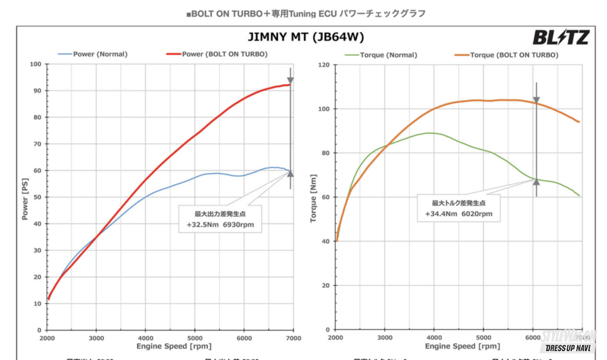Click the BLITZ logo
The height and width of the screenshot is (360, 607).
coord(560,38)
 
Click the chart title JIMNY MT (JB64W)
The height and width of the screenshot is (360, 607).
coord(305,37)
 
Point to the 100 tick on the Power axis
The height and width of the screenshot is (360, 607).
coord(36,64)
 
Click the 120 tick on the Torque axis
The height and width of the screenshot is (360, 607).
coord(323,65)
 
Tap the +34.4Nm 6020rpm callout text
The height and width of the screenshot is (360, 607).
coord(458,214)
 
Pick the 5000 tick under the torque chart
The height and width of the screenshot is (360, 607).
coord(483,337)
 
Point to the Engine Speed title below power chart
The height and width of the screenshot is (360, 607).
coord(170,346)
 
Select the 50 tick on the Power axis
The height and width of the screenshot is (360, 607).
coord(37,197)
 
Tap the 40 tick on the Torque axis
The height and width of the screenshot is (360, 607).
coord(325,241)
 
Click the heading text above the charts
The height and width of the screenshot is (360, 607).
coord(305,14)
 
